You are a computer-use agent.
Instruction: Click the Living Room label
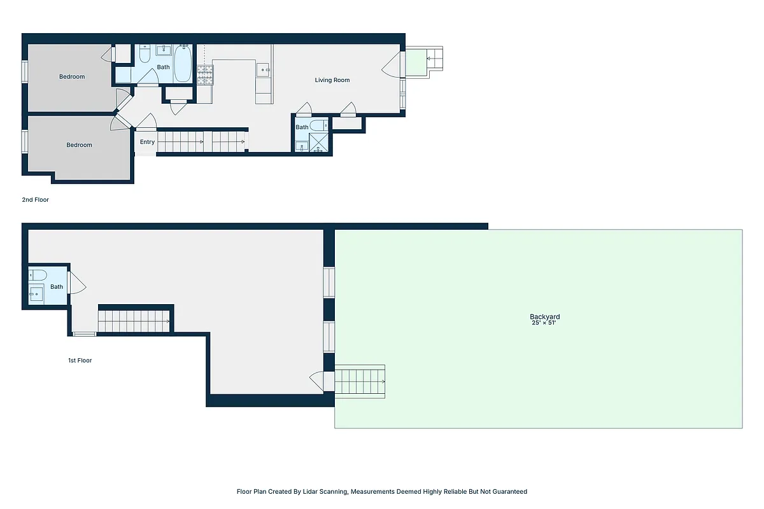(x=332, y=80)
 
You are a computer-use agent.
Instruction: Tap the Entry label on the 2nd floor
(x=147, y=142)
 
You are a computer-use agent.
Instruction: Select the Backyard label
(x=544, y=317)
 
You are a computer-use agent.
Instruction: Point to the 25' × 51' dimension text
(x=544, y=323)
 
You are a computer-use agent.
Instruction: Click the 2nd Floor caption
(x=36, y=200)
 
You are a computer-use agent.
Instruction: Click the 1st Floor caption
(x=80, y=361)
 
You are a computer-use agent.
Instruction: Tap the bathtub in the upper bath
(x=183, y=64)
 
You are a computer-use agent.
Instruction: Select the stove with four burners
(x=204, y=76)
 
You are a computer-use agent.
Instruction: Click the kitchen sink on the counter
(x=264, y=69)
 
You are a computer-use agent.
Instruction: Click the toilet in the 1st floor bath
(x=38, y=275)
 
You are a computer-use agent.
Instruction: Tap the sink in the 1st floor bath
(x=36, y=294)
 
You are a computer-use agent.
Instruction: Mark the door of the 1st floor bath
(x=76, y=283)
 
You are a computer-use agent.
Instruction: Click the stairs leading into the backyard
(x=360, y=382)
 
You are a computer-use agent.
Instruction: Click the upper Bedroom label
(x=72, y=77)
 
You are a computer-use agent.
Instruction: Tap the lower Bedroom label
(x=80, y=145)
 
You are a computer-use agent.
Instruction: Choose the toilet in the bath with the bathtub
(x=145, y=55)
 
